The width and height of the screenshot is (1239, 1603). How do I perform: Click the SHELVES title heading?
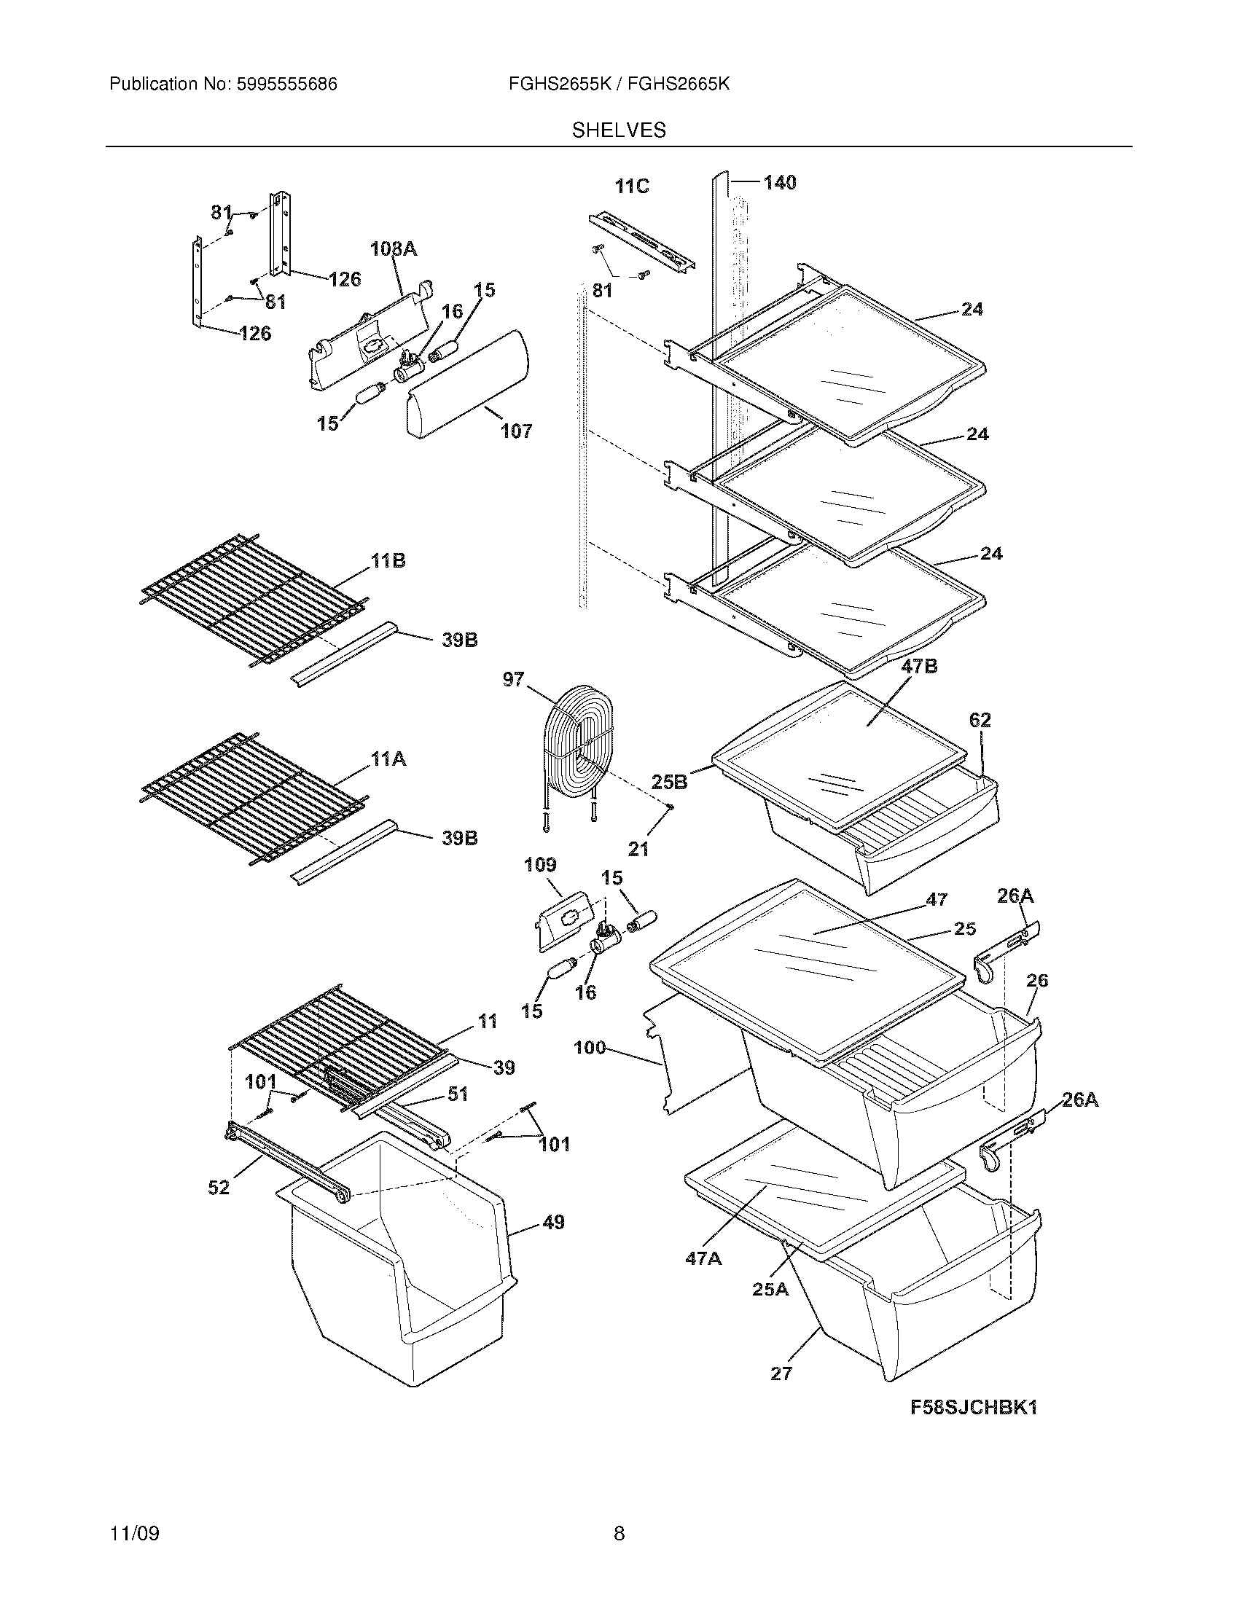pos(619,130)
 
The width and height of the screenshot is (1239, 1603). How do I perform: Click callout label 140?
pos(780,182)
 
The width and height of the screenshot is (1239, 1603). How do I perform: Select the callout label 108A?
pos(394,250)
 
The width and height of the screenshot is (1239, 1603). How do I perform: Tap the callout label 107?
pos(516,431)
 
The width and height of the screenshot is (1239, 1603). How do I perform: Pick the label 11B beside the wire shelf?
pos(388,561)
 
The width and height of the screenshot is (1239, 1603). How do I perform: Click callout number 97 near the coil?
pos(513,679)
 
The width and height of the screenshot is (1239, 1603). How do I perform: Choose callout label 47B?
pos(919,667)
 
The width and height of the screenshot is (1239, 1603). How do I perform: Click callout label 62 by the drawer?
pos(980,720)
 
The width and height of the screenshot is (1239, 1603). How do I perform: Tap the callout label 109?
pos(539,865)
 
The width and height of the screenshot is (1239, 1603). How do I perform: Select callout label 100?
pos(590,1047)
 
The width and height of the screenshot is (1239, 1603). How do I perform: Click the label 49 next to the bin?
pos(553,1223)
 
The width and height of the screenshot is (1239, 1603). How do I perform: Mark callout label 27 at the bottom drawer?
pos(781,1373)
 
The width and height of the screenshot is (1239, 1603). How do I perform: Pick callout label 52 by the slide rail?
pos(219,1187)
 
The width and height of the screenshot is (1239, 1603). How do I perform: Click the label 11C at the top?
pos(632,187)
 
